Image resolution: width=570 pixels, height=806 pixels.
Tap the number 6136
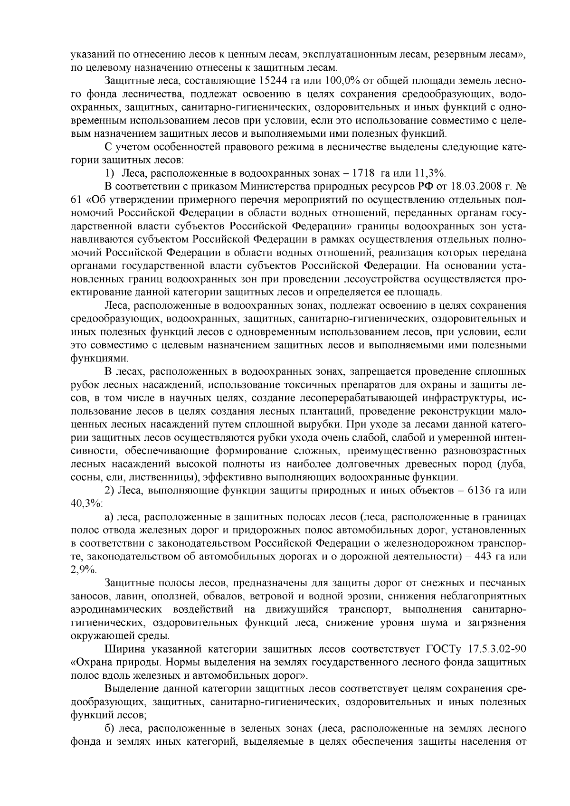pos(481,490)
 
